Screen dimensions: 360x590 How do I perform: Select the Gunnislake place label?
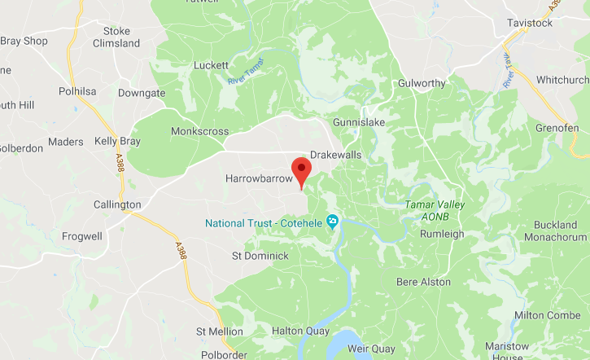point(358,122)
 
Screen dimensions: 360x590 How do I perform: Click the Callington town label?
point(117,204)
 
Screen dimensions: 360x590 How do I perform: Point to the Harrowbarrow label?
point(258,178)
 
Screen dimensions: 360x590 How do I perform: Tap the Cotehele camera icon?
point(332,222)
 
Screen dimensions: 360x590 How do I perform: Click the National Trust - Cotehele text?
point(264,223)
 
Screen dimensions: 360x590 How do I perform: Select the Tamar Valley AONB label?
point(435,210)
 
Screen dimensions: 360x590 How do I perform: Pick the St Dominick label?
point(260,256)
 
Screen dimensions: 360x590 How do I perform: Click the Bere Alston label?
point(423,282)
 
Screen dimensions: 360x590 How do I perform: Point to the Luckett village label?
point(212,66)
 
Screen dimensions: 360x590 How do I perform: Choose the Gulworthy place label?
point(422,84)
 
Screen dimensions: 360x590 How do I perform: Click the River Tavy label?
point(510,74)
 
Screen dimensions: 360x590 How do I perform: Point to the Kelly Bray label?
point(117,142)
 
